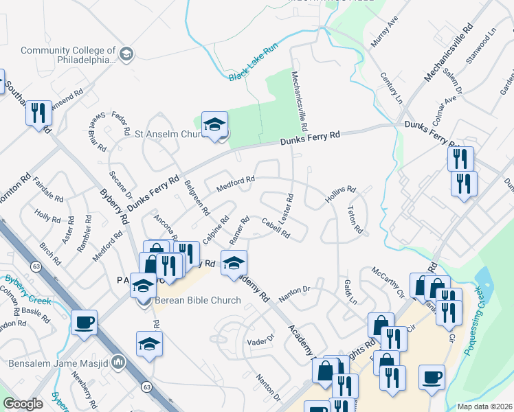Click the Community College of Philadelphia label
pos(67,55)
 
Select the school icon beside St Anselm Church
pos(214,125)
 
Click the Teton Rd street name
pos(355,220)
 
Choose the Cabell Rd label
pos(276,227)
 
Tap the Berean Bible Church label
pos(197,300)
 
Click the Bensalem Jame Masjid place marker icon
pos(118,360)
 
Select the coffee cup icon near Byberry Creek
pos(84,322)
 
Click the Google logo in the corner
pos(23,404)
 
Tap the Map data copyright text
pos(484,407)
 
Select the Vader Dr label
pos(260,340)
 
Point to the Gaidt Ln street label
pos(350,293)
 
